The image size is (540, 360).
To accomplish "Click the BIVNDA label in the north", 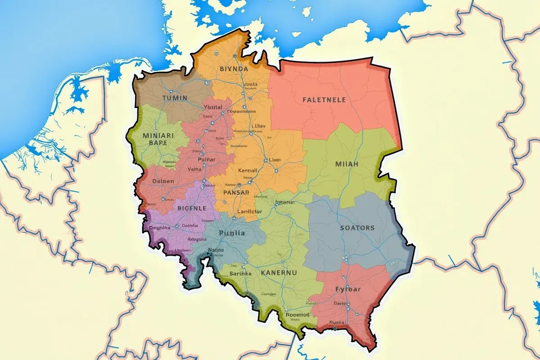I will click(234, 69).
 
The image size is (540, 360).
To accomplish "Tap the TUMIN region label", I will click(175, 98).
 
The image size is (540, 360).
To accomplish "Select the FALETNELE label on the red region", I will click(324, 99).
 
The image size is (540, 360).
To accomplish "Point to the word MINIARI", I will click(157, 135).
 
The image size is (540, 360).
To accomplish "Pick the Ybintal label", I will click(213, 107).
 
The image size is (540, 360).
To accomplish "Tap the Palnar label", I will click(207, 159).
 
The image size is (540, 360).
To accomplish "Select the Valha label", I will click(194, 170).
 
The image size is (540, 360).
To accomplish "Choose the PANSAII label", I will click(236, 192).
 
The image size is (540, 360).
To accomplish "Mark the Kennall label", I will click(247, 171).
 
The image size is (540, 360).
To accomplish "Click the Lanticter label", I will click(249, 211).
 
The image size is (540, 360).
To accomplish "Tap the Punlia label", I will click(232, 233).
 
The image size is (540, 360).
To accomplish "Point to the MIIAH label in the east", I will click(346, 164).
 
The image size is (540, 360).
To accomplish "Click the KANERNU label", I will click(279, 272).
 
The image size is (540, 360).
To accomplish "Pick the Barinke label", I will click(240, 273).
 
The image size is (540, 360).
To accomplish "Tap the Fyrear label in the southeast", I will click(348, 289).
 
